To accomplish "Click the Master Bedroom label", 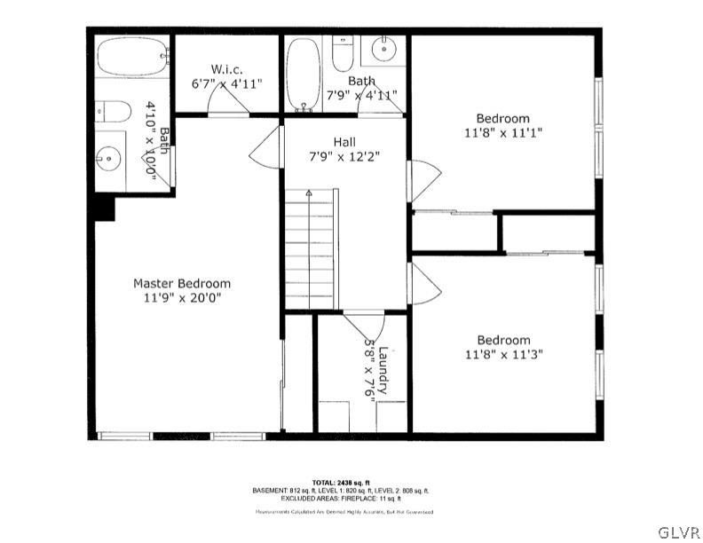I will tap(181, 283).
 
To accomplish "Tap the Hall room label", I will tap(345, 142).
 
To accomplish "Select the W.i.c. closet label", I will tap(226, 68).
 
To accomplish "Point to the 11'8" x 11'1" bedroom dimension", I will tap(502, 132).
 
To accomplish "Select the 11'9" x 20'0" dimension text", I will tap(181, 298).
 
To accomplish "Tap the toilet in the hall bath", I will tap(342, 55).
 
